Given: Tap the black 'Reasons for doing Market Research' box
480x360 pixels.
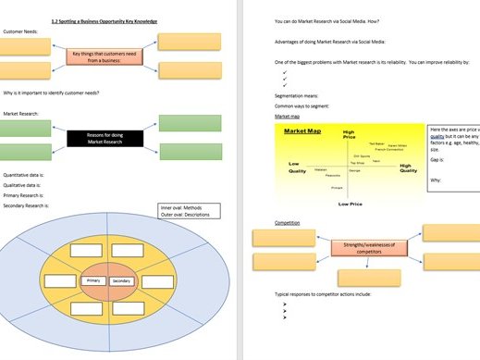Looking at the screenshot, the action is click(x=105, y=140).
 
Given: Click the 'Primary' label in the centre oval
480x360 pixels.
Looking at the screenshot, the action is click(x=92, y=280).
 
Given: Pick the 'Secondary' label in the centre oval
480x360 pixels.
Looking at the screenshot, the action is click(x=122, y=280).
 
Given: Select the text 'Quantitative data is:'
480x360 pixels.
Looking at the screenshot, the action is click(x=29, y=174).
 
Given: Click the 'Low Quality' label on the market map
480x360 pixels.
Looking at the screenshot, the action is click(x=297, y=168).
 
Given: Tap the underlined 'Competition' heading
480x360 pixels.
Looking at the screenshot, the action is click(x=287, y=223).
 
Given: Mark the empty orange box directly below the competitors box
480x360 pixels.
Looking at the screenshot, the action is click(x=368, y=279).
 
